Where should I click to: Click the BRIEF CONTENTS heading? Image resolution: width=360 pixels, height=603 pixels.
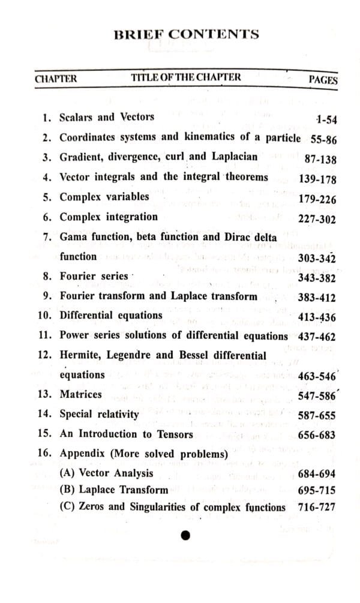coord(187,34)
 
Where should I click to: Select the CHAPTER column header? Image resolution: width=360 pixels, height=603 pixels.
coord(56,79)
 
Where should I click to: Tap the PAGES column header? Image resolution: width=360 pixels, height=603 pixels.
coord(323,80)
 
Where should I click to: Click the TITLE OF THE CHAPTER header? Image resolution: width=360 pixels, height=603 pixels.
coord(186,77)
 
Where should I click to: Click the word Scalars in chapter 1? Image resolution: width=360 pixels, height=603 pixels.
coord(77,117)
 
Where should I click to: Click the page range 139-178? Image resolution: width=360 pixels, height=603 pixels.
coord(317,179)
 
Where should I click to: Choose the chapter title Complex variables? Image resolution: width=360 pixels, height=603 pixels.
coord(104,196)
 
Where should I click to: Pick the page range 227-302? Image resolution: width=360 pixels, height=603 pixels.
coord(317,219)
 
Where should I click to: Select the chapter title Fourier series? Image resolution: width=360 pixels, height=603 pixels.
coord(94,276)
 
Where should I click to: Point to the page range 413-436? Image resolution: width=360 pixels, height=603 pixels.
coord(317,317)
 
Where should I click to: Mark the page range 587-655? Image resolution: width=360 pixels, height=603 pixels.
coord(317,416)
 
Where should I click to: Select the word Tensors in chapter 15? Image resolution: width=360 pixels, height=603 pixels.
coord(172,434)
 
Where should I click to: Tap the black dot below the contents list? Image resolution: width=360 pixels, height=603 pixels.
coord(185,535)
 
